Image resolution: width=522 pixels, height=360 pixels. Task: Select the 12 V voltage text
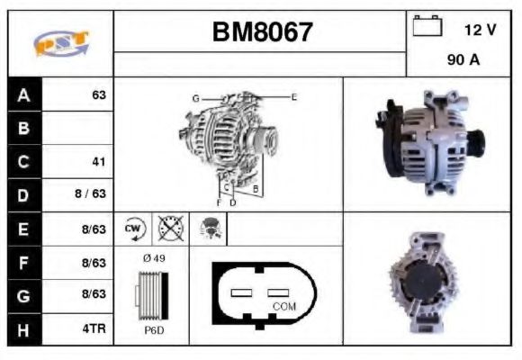(480, 30)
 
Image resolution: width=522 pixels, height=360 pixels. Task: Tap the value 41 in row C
(99, 162)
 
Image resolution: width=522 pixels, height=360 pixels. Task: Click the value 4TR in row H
(94, 328)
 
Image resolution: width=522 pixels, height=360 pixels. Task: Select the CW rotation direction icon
(134, 229)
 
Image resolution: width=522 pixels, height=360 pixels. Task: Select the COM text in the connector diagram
(284, 306)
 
